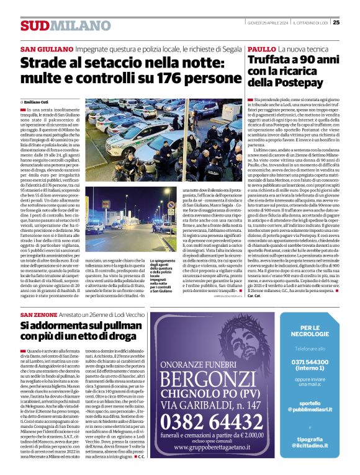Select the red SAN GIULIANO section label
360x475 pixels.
[x=45, y=49]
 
